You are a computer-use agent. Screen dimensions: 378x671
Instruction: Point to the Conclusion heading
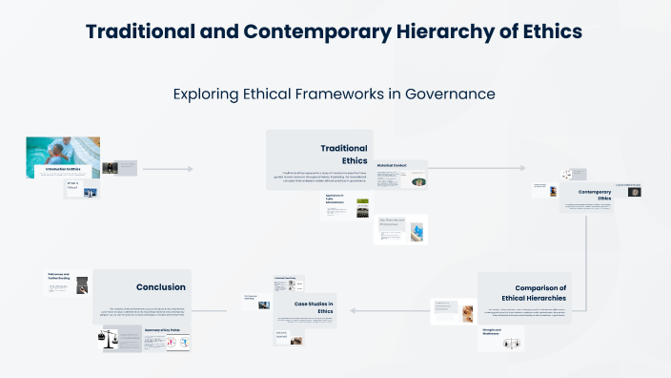pyautogui.click(x=160, y=286)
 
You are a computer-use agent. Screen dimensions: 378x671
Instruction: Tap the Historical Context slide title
pyautogui.click(x=392, y=165)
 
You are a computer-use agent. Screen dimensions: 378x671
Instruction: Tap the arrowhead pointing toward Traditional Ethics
pyautogui.click(x=191, y=169)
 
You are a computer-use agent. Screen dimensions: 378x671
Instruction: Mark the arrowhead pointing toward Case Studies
pyautogui.click(x=352, y=309)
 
